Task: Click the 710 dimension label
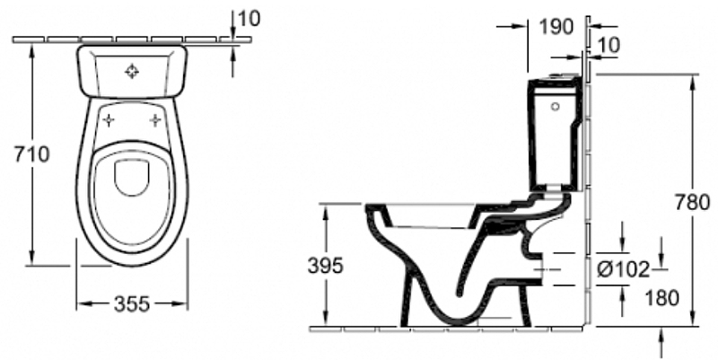31,154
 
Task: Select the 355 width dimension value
132,303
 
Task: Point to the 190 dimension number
556,27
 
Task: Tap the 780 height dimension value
692,202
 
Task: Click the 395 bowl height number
325,265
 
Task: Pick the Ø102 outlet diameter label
623,269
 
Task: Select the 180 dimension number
661,298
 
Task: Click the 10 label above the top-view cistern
250,18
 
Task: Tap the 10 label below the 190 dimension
609,45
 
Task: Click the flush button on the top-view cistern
132,71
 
